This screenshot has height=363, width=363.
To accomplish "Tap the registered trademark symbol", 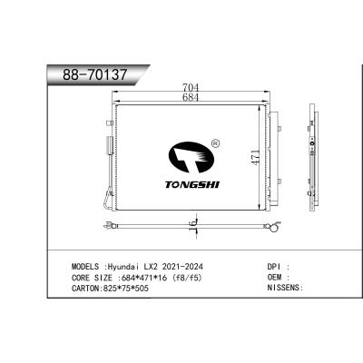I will coord(213,142).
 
